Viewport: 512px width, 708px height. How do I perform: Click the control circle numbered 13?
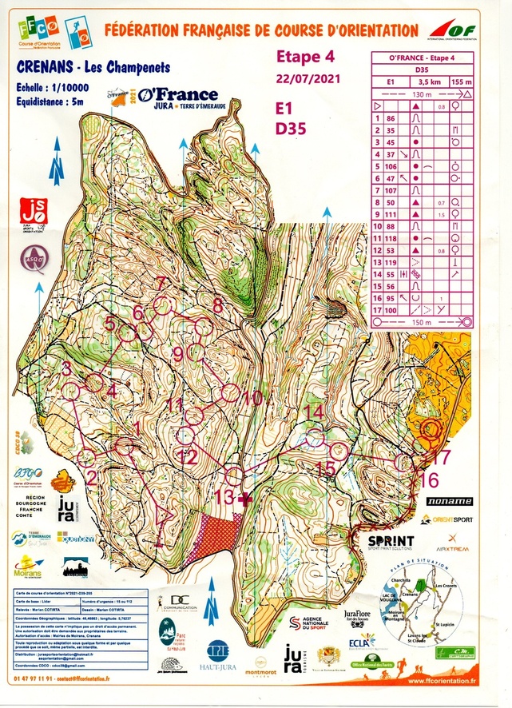(234, 476)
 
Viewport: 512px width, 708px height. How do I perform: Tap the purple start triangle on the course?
(166, 511)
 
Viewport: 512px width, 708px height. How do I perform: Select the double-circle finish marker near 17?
(431, 429)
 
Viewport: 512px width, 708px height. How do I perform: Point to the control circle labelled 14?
(315, 436)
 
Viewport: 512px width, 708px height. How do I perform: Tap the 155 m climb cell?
(460, 82)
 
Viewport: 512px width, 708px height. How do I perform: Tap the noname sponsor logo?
(449, 501)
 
